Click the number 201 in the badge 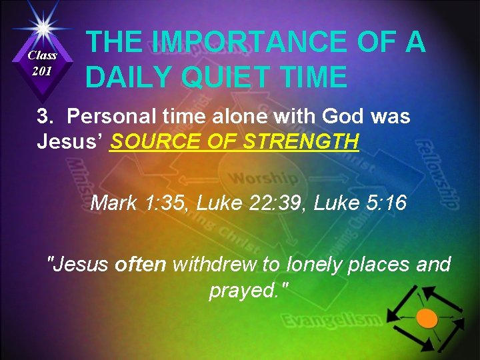pyautogui.click(x=43, y=71)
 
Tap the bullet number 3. pyautogui.click(x=45, y=116)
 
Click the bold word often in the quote pyautogui.click(x=141, y=265)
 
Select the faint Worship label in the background pyautogui.click(x=263, y=179)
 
